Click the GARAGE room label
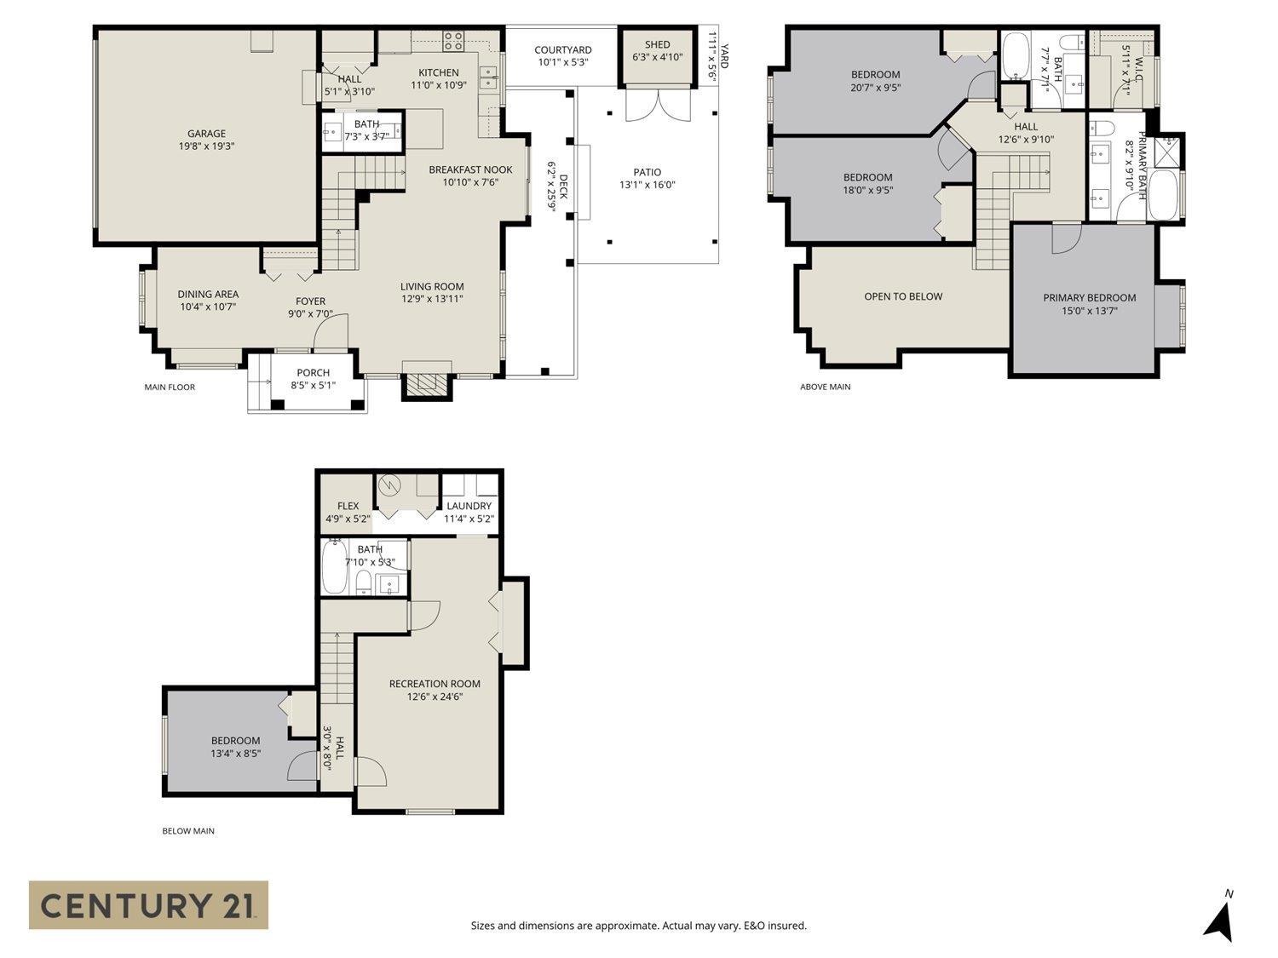206,134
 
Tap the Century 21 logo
148,904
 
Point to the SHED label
657,44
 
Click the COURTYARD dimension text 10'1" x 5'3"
562,63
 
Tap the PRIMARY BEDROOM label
1089,298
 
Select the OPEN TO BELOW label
903,296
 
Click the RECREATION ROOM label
435,684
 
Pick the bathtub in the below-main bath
335,568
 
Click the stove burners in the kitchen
453,40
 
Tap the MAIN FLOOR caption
170,387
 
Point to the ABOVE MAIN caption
825,387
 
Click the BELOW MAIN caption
188,831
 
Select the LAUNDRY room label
469,506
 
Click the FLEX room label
348,506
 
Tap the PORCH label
313,372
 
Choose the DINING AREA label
208,295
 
